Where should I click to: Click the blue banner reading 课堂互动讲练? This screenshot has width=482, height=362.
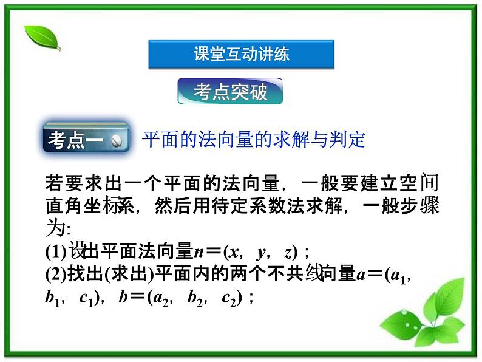[x=241, y=54]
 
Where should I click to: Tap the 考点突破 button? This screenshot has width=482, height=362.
[x=230, y=92]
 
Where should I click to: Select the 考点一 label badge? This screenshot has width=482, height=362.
[x=86, y=140]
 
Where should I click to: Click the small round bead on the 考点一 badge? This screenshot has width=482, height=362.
[x=117, y=141]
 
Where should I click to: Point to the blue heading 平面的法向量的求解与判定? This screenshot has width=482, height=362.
[x=254, y=140]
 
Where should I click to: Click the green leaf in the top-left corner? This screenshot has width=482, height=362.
[x=42, y=38]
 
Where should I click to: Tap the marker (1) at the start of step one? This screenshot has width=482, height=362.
[x=56, y=251]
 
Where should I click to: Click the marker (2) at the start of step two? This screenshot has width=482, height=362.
[x=56, y=275]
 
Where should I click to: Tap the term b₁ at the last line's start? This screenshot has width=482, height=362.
[x=52, y=298]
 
